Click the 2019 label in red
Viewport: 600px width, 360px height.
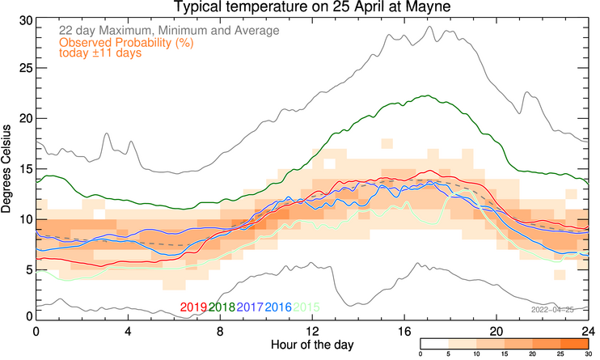click(x=192, y=307)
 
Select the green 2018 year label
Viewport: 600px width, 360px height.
click(x=222, y=307)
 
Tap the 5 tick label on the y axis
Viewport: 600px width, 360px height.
click(x=26, y=269)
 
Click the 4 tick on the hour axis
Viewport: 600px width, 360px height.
click(x=128, y=332)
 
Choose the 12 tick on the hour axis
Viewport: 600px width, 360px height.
click(x=312, y=332)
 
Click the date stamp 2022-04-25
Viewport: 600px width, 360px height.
click(x=552, y=309)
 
